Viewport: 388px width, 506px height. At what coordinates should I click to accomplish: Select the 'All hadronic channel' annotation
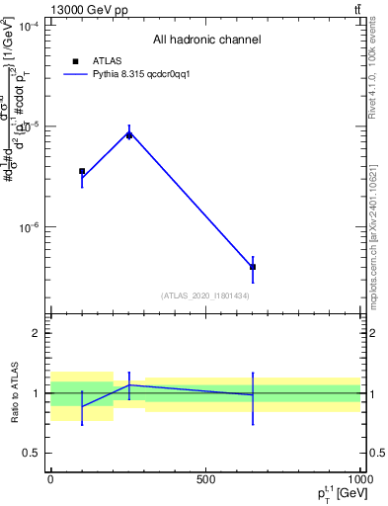206,41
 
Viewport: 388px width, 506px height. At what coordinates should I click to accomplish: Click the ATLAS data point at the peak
129,134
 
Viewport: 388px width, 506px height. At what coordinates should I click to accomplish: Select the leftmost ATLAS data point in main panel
82,172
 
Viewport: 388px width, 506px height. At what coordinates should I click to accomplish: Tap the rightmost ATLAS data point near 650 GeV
253,267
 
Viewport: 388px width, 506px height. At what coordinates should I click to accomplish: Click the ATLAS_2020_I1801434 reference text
205,295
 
